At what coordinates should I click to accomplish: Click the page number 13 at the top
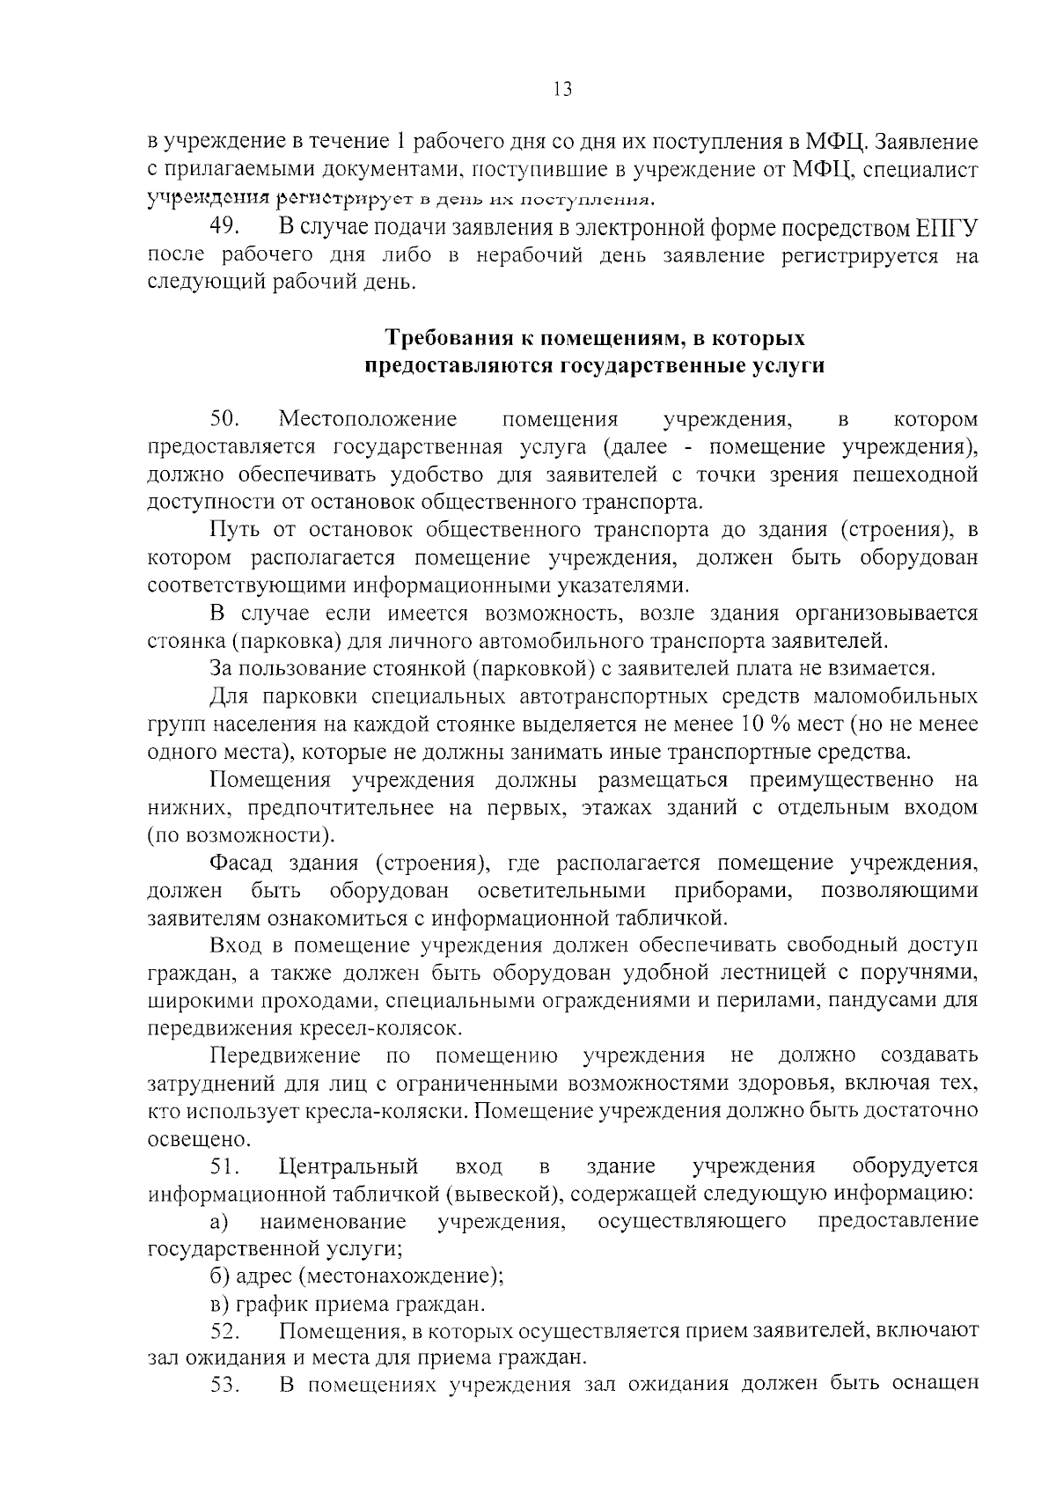(562, 89)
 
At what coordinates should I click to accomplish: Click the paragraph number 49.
(225, 226)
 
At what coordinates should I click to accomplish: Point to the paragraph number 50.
(225, 419)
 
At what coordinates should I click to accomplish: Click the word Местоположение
(368, 419)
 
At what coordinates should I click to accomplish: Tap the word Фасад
(241, 863)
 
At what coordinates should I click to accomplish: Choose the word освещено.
(187, 1139)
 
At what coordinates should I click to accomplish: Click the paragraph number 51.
(225, 1167)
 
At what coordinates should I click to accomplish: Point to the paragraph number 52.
(225, 1331)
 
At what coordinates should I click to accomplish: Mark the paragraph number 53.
(225, 1386)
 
